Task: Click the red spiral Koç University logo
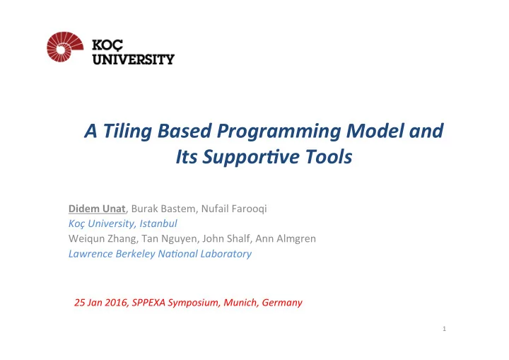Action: [65, 47]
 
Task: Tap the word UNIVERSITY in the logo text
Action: [134, 59]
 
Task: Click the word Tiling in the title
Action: [127, 132]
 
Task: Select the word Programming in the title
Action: [279, 132]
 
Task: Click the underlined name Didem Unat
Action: [97, 209]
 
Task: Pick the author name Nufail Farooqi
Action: [234, 209]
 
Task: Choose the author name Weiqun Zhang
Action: [103, 239]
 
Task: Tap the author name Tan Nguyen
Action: [169, 239]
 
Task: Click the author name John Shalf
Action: [226, 238]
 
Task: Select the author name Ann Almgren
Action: [286, 239]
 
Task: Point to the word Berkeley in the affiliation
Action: [135, 254]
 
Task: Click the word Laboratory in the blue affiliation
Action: [226, 254]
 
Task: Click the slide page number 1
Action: [444, 329]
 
